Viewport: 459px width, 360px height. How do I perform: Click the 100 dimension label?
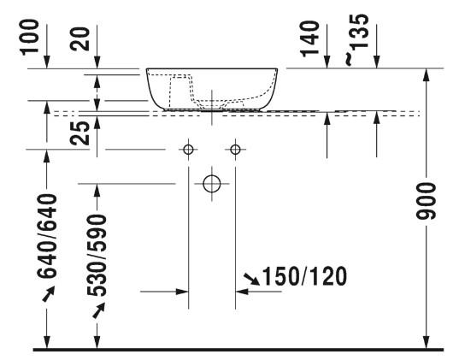click(29, 37)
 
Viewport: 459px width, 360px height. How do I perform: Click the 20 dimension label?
click(79, 39)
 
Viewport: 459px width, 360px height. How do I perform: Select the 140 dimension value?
click(309, 38)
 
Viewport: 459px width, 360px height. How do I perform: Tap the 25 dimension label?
click(79, 133)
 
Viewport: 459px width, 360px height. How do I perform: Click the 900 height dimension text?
click(426, 201)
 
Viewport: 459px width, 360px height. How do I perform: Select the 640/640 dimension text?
click(47, 235)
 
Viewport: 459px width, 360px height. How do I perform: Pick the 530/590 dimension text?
click(97, 255)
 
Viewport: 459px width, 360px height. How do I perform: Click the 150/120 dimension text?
click(304, 276)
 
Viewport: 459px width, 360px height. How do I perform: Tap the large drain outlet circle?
click(212, 184)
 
